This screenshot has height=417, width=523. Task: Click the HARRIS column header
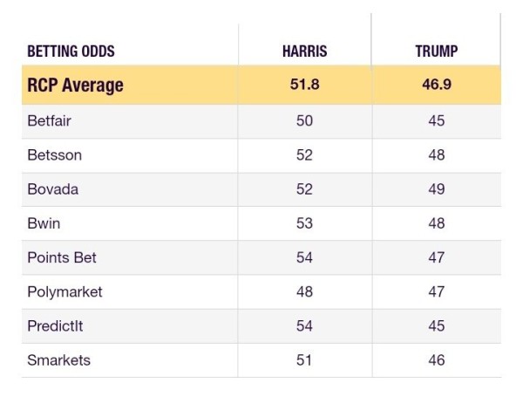[304, 51]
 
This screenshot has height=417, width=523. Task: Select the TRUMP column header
[437, 51]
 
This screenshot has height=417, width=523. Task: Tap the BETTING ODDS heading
[71, 51]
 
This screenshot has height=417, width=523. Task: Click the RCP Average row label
[75, 85]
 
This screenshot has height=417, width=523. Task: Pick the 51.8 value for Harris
[304, 84]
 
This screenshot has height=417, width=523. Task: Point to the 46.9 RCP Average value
[437, 84]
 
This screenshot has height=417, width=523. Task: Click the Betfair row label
[49, 120]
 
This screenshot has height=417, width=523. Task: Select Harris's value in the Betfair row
[304, 120]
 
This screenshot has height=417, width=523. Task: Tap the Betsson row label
[54, 155]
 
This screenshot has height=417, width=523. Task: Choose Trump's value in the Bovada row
[437, 189]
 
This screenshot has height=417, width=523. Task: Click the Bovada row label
[52, 189]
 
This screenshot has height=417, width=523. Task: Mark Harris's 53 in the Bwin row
[304, 223]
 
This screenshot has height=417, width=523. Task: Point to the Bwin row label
[44, 223]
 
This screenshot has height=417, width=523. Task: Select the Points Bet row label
[62, 257]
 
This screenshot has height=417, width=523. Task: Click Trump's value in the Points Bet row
[437, 257]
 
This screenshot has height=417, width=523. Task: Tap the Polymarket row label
[65, 292]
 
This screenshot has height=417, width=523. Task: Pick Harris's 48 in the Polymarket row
[304, 291]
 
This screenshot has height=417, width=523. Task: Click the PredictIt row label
[55, 326]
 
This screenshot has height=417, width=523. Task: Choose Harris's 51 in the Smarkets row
[304, 360]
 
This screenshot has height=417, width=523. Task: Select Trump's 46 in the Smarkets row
[437, 360]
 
